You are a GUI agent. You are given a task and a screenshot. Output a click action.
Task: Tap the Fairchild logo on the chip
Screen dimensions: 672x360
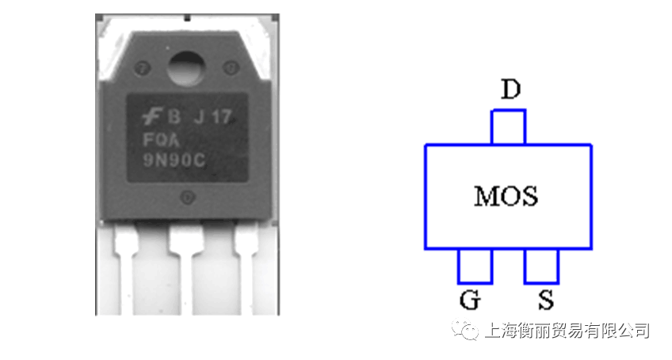pyautogui.click(x=151, y=117)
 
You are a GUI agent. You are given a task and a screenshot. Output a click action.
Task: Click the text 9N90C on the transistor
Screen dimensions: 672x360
pyautogui.click(x=174, y=160)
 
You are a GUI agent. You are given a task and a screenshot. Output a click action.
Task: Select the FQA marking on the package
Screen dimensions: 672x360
pyautogui.click(x=161, y=140)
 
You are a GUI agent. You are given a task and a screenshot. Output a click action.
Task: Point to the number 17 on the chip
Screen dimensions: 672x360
pyautogui.click(x=223, y=117)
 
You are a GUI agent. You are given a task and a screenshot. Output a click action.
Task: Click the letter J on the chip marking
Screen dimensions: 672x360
pyautogui.click(x=199, y=117)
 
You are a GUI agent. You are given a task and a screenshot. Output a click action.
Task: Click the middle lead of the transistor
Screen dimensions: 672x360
pyautogui.click(x=186, y=268)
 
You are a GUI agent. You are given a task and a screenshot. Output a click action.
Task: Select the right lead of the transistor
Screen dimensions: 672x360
pyautogui.click(x=246, y=268)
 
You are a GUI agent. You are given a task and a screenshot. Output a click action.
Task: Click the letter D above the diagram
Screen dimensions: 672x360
pyautogui.click(x=511, y=90)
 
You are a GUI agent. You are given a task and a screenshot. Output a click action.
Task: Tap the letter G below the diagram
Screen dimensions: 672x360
pyautogui.click(x=470, y=300)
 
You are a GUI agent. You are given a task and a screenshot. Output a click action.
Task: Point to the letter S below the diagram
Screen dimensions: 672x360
pyautogui.click(x=546, y=300)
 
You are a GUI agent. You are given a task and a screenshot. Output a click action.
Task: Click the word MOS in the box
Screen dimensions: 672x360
pyautogui.click(x=506, y=196)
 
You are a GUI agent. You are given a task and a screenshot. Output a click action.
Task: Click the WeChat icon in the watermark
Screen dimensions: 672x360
pyautogui.click(x=465, y=330)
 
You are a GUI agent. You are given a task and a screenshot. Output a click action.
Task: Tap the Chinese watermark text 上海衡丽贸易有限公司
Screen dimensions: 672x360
pyautogui.click(x=567, y=331)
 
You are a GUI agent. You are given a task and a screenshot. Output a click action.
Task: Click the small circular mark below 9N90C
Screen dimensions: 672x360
pyautogui.click(x=188, y=197)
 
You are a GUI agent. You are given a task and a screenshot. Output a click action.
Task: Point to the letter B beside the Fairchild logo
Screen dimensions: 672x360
pyautogui.click(x=174, y=117)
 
